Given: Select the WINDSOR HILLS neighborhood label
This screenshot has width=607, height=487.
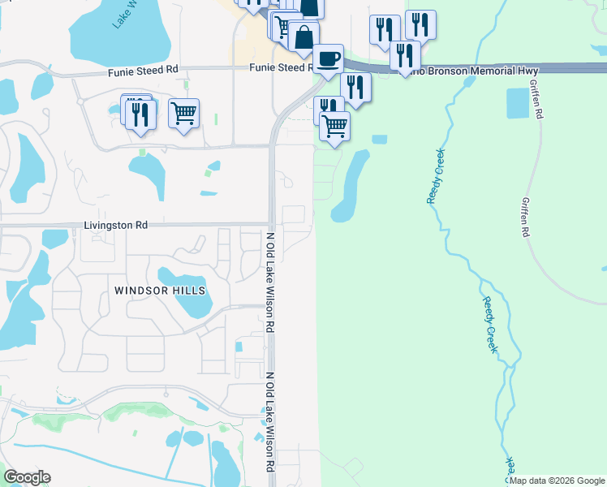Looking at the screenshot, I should pos(160,290).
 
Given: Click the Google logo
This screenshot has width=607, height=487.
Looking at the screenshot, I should pos(27,476).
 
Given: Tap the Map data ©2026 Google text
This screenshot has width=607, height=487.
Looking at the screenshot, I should pos(557,481).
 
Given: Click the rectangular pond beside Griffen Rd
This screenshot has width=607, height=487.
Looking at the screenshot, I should pos(517,102).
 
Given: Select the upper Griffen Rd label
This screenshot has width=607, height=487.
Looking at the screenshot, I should pos(535,99).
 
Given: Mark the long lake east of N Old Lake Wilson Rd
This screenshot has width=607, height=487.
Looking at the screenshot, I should pos(349,187).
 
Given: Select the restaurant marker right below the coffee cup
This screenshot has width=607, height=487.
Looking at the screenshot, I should pos(355,85).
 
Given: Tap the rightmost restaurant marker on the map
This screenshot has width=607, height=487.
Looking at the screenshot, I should pos(420,25).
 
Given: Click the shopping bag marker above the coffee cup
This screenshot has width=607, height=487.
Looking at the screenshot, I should pos(303,37).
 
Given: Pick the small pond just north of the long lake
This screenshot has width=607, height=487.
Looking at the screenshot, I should pos(379,140).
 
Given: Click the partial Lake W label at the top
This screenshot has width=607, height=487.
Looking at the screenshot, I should pos(127,15).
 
